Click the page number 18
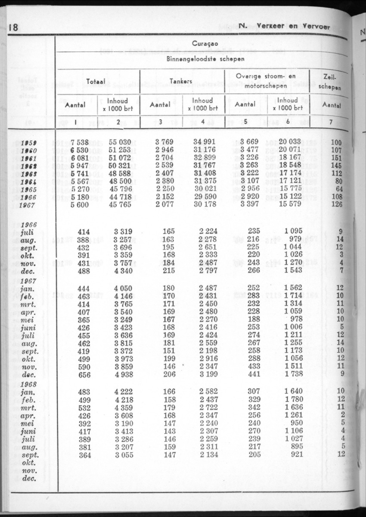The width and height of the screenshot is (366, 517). click(x=13, y=28)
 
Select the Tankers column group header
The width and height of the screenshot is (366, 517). click(x=181, y=81)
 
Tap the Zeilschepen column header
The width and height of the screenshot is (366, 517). click(x=332, y=81)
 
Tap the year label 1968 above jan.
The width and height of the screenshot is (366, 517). click(x=28, y=383)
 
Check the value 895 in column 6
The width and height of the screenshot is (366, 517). click(x=297, y=446)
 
